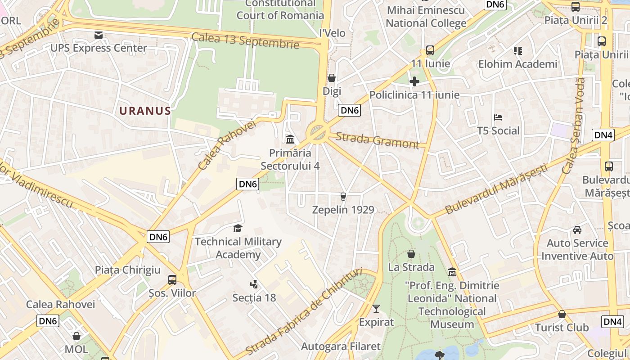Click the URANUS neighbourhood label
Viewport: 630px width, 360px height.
[x=145, y=111]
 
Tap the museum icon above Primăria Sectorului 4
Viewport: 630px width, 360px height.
[x=290, y=139]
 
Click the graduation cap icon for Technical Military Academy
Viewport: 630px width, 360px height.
[x=238, y=229]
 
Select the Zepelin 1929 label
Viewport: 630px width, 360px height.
[x=343, y=210]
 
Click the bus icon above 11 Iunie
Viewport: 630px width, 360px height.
[x=430, y=50]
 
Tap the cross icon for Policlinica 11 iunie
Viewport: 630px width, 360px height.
[x=414, y=81]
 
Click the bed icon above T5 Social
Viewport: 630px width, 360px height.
[x=498, y=117]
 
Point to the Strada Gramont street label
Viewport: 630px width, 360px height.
[x=377, y=140]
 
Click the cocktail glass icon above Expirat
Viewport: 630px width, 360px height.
[x=376, y=309]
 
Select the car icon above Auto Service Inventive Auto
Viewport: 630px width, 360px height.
[x=577, y=230]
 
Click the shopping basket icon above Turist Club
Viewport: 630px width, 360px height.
[x=562, y=314]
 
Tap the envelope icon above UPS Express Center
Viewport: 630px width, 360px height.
[x=99, y=35]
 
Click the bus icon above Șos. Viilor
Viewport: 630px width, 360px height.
[x=172, y=280]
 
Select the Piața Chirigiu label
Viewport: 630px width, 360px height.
[x=127, y=270]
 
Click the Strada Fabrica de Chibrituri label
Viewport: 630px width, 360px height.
[x=304, y=311]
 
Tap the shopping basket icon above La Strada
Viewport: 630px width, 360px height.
[x=411, y=254]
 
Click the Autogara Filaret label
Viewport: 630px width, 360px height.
[x=341, y=346]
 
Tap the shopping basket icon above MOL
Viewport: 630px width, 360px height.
[x=76, y=336]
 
